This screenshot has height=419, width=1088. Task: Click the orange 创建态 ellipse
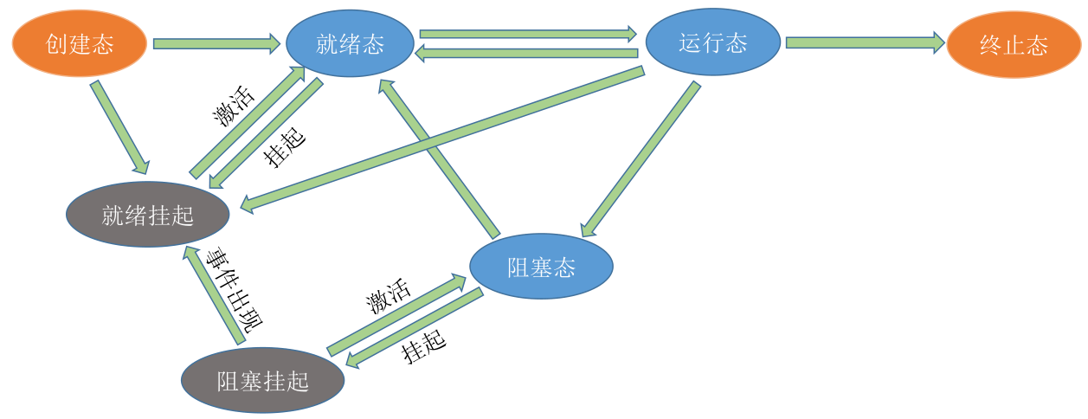pos(79,44)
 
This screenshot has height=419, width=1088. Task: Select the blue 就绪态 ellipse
pos(350,43)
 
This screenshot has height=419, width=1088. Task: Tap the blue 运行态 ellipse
pos(712,42)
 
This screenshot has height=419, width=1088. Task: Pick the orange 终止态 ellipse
pos(1014,44)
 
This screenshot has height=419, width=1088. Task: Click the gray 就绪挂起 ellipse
pos(148,215)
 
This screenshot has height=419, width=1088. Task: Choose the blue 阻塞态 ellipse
pos(541,267)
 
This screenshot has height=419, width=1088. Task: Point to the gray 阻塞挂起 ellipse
pos(263,380)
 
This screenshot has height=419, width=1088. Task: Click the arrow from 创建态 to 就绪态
pos(216,44)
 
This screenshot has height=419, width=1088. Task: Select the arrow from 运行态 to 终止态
pos(865,42)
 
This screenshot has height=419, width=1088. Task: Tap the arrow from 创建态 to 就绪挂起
pos(119,127)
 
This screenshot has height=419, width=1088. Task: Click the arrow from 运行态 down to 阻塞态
pos(641,159)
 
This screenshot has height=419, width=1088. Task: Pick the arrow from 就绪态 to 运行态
pos(528,34)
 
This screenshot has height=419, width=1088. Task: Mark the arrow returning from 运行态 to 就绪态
pos(526,53)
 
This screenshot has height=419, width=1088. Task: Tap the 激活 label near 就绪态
pos(234,106)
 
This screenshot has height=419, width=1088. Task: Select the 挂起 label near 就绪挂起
pos(285,147)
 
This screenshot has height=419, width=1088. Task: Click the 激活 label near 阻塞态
pos(389,296)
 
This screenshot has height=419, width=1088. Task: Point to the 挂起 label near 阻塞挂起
pos(423,347)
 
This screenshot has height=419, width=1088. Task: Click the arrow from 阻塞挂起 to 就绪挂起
pos(214,295)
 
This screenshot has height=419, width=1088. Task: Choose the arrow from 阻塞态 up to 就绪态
pos(439,158)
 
